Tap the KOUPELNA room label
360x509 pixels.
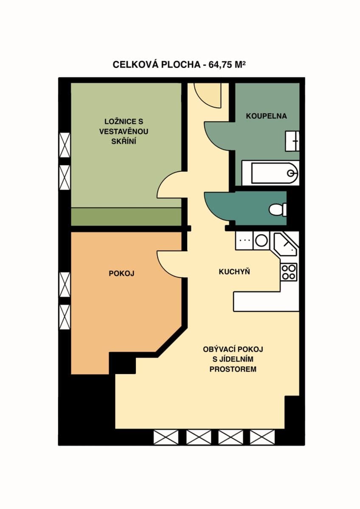[x=267, y=116]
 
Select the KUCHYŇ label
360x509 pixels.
[x=234, y=272]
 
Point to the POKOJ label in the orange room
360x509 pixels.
[x=121, y=274]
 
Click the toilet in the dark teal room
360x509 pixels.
[x=278, y=209]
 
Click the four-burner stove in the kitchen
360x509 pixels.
[x=289, y=271]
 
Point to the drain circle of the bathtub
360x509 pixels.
[x=291, y=173]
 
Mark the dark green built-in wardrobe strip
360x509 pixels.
[x=126, y=217]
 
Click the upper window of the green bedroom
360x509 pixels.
[x=65, y=145]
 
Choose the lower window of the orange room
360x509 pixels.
[x=65, y=317]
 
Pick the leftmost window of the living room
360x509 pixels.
[x=166, y=437]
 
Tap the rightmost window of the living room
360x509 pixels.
[x=262, y=437]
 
